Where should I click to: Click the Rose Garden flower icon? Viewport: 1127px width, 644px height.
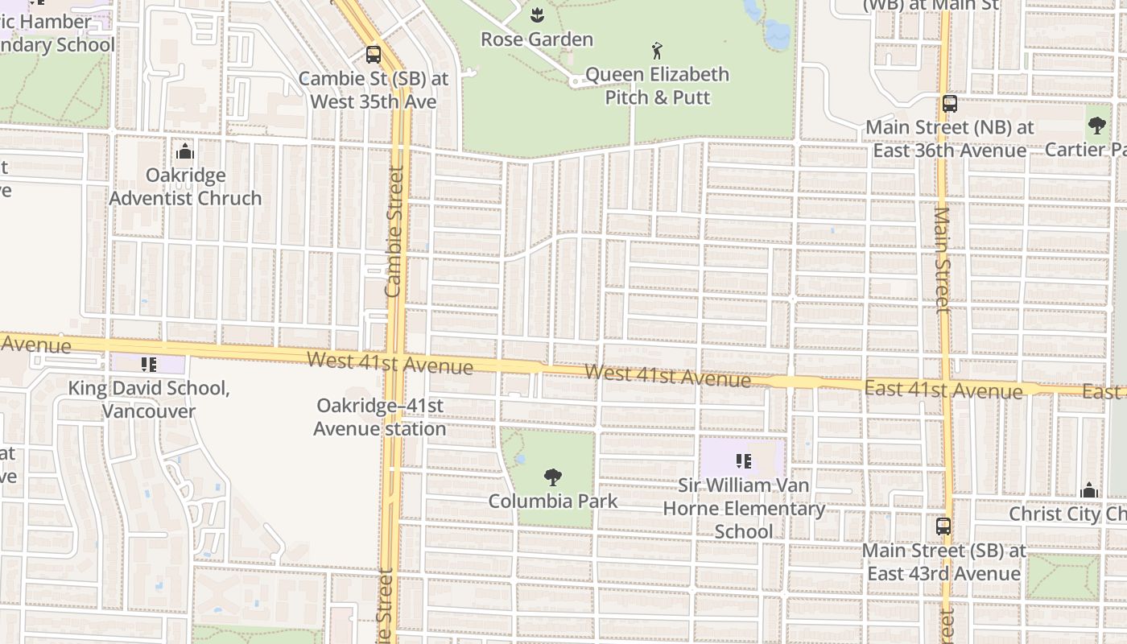[x=537, y=14]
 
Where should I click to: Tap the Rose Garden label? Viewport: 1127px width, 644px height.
[x=537, y=39]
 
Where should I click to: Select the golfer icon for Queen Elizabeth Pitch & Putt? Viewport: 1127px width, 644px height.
[x=658, y=51]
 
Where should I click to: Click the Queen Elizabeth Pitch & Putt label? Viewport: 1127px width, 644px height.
[x=657, y=85]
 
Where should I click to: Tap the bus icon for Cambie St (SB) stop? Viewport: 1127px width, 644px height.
[x=373, y=55]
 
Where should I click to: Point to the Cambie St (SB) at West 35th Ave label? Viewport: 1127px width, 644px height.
[x=374, y=90]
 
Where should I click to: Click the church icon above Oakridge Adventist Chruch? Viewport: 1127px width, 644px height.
[x=185, y=151]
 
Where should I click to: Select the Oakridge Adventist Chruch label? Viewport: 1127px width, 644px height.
[x=185, y=187]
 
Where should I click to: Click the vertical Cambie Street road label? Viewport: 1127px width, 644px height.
[x=394, y=232]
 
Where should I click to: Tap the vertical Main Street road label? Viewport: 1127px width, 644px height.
[x=943, y=258]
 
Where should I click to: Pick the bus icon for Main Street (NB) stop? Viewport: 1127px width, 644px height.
[x=950, y=104]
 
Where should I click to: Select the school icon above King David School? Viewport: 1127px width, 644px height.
[x=148, y=365]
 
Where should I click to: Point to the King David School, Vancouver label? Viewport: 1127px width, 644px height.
[x=149, y=399]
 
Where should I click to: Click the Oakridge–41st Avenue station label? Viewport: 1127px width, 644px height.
[x=380, y=417]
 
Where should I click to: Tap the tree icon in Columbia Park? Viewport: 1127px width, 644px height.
[x=552, y=477]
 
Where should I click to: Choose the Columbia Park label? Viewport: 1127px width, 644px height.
[x=553, y=501]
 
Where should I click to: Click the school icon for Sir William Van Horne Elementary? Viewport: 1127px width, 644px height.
[x=744, y=461]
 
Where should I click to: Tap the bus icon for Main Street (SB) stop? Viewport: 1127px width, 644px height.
[x=943, y=526]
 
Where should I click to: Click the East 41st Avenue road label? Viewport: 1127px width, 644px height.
[x=943, y=390]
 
